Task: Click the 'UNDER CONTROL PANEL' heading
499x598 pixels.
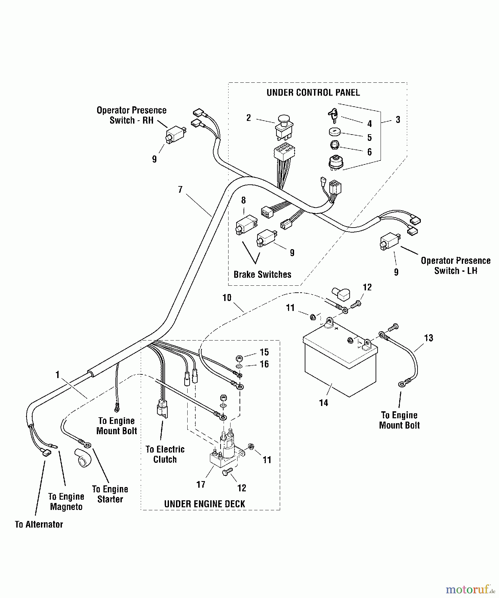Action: tap(313, 93)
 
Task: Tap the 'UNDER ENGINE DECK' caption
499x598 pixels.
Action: tap(205, 504)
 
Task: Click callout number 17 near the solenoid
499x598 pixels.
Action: tap(201, 484)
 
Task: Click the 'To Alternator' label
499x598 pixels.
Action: tap(39, 524)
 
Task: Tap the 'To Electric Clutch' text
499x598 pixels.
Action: tap(165, 454)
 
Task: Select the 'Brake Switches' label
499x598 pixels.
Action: tap(262, 274)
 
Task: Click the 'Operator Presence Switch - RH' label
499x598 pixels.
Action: tap(131, 115)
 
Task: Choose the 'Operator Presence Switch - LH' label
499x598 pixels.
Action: tap(455, 265)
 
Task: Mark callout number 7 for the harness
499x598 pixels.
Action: tap(180, 189)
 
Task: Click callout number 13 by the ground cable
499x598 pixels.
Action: tap(428, 338)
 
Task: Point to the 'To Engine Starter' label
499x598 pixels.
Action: tap(110, 494)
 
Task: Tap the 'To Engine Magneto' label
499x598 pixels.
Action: tap(66, 502)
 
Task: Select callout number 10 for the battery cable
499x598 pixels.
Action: tap(227, 298)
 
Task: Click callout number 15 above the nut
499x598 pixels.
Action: tap(264, 352)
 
